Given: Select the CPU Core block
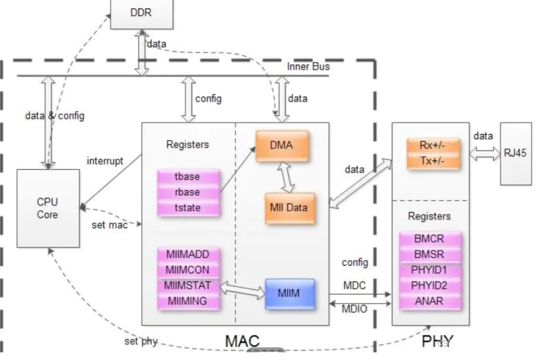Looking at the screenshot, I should tap(48, 208).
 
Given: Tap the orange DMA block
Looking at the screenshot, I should tap(282, 145).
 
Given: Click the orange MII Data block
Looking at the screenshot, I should tap(289, 208).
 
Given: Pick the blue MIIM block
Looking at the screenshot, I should tap(289, 294).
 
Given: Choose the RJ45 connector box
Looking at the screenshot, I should tap(515, 153).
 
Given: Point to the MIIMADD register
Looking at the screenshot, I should tap(188, 254).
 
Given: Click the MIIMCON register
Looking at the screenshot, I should tap(188, 270).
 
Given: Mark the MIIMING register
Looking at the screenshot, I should tap(188, 301).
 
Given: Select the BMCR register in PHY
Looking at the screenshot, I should tap(430, 239).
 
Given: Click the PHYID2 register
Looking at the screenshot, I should tap(430, 285).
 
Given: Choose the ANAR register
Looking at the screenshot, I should tap(430, 301).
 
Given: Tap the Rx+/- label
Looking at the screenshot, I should tap(433, 145).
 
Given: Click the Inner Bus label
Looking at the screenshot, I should tap(308, 67).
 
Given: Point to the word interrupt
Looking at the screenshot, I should tap(104, 161).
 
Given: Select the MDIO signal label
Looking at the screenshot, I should tap(354, 310).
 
